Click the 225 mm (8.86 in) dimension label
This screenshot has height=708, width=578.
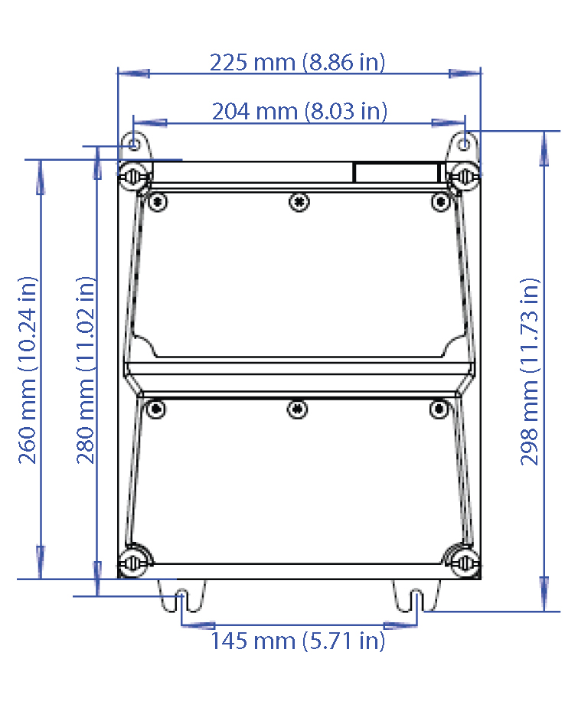(x=298, y=62)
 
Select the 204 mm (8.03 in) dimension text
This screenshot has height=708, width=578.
(x=299, y=112)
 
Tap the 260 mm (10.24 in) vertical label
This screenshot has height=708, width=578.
(x=28, y=370)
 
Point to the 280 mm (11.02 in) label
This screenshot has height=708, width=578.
(x=86, y=370)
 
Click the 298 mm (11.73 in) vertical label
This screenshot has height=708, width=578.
(x=530, y=371)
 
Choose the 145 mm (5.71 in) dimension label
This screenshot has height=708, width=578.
(x=298, y=640)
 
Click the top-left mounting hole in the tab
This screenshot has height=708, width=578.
(x=134, y=143)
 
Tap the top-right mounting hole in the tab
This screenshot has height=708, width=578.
(x=465, y=143)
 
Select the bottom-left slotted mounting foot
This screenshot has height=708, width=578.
(x=181, y=596)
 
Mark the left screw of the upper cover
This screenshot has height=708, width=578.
(x=158, y=202)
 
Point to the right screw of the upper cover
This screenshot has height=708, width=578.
(x=439, y=201)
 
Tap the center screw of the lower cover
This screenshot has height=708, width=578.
(x=298, y=409)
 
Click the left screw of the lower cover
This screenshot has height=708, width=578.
(x=156, y=409)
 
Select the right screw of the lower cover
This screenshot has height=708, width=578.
(x=439, y=409)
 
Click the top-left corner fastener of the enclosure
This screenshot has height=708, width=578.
(x=135, y=175)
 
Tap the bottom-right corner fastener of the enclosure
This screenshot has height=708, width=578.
(x=462, y=561)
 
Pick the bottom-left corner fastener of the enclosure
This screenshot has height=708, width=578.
(x=135, y=563)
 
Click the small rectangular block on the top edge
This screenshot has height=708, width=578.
(x=396, y=172)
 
